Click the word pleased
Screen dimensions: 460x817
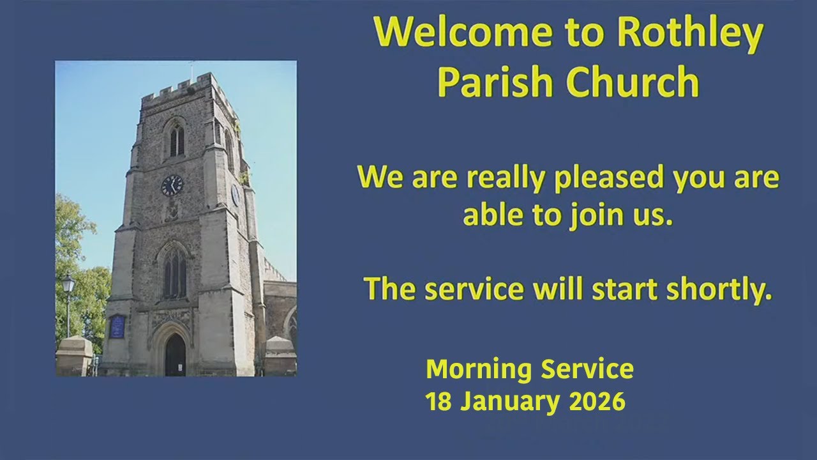tap(604, 178)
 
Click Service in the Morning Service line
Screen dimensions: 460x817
tap(587, 369)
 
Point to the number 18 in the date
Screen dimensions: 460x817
tap(438, 402)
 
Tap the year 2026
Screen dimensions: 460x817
tap(598, 402)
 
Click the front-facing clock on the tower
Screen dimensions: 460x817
tap(172, 185)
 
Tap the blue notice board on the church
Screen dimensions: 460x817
tap(117, 326)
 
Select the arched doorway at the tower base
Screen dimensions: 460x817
tap(175, 355)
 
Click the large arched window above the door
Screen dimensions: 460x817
tap(174, 273)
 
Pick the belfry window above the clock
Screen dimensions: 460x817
tap(176, 141)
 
